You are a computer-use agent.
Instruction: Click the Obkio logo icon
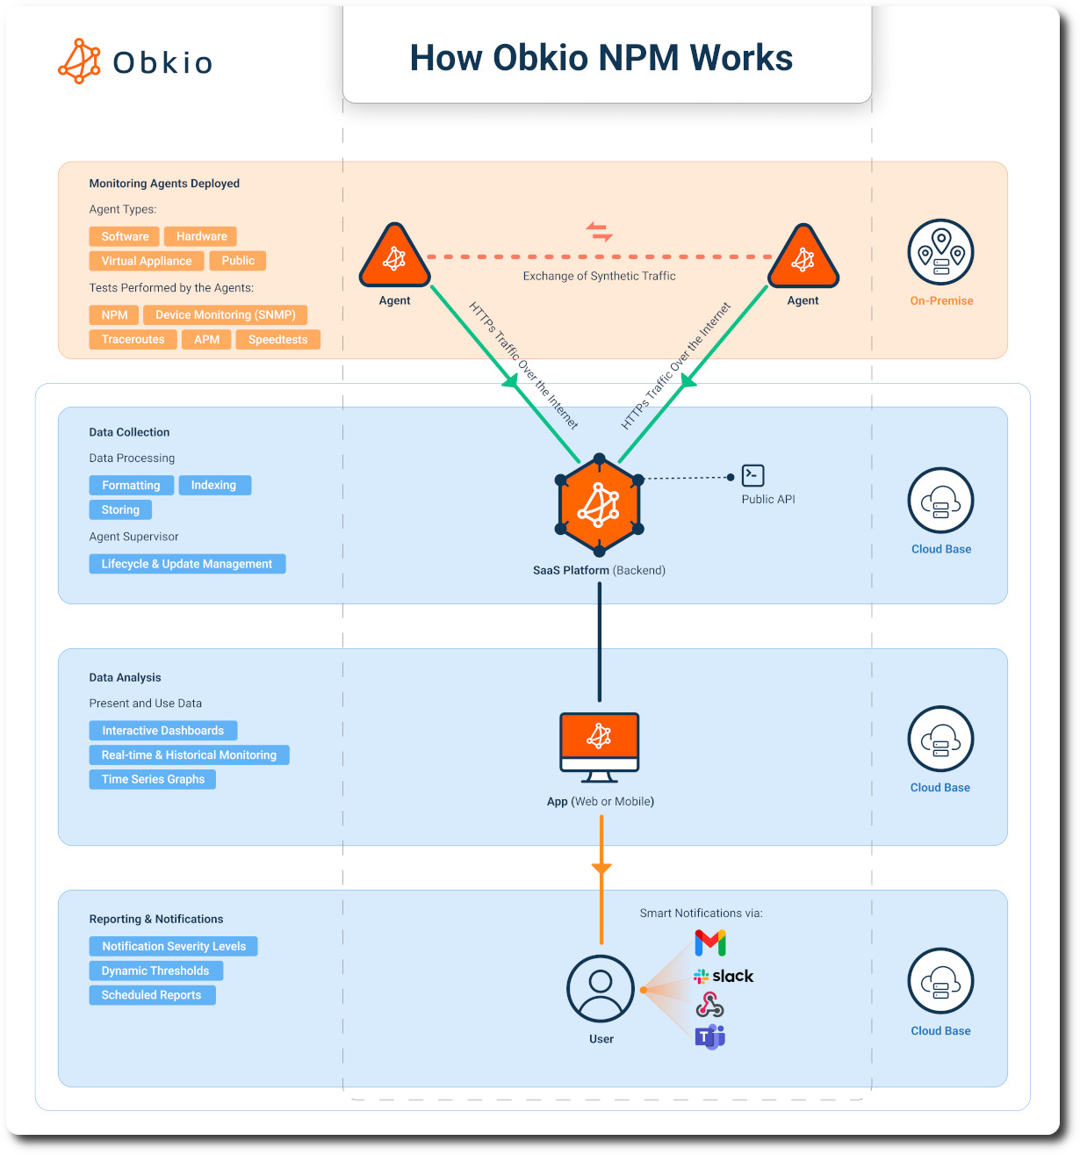(80, 61)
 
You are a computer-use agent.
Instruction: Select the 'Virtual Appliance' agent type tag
(147, 261)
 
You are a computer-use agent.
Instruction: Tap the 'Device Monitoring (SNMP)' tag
(225, 315)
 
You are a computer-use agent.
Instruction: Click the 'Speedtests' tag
(277, 340)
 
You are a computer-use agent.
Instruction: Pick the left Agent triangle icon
(394, 258)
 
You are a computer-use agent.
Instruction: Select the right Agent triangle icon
(803, 258)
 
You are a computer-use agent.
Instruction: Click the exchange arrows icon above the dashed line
(600, 232)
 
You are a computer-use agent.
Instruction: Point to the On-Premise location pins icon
(940, 252)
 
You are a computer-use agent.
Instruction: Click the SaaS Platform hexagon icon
(599, 505)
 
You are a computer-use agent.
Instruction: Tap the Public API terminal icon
(752, 475)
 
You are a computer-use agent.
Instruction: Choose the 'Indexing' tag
(214, 486)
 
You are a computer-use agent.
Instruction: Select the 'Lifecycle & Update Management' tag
(187, 564)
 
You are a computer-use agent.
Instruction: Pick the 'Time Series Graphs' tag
(153, 779)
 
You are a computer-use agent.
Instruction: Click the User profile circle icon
(601, 988)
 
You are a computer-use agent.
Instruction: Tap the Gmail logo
(710, 943)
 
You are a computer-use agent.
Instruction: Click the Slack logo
(724, 976)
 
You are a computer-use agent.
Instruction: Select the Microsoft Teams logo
(710, 1037)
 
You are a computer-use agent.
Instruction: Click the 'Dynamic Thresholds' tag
(155, 971)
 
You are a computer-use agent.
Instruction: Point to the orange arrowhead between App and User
(601, 870)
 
